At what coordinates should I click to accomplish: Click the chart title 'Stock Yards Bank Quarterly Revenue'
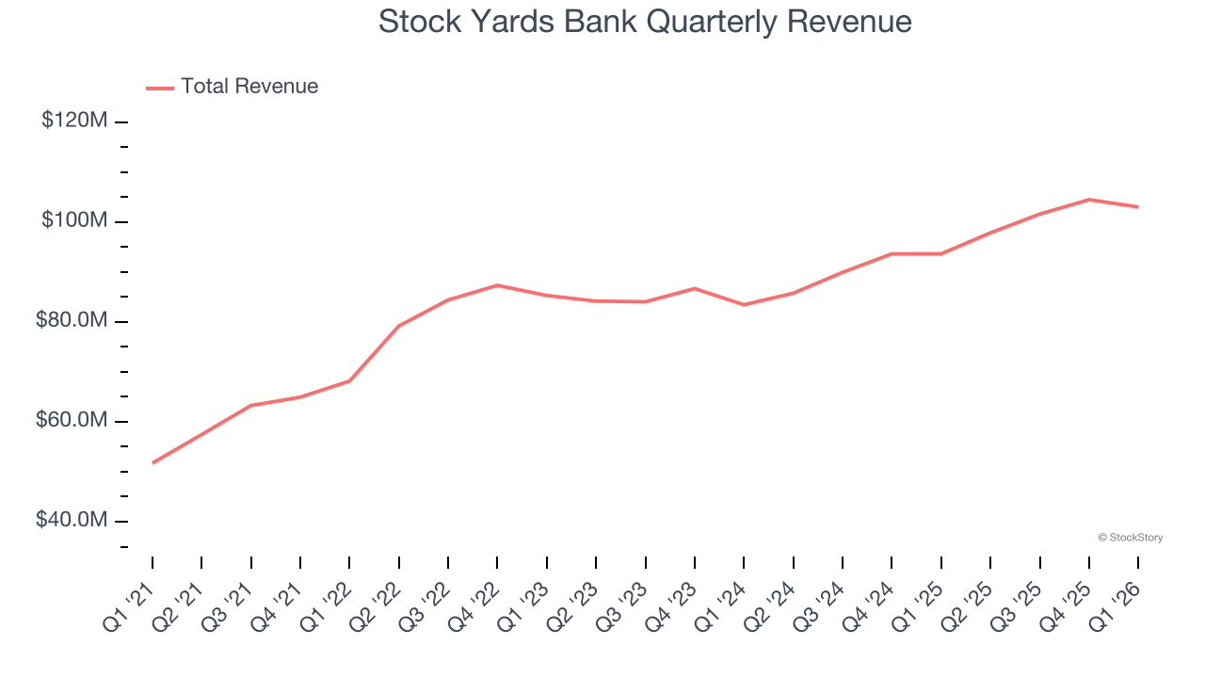point(645,21)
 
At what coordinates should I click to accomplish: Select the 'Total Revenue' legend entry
point(249,87)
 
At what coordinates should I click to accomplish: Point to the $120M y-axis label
point(74,121)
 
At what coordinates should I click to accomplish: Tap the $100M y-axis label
point(74,220)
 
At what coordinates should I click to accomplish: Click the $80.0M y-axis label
point(72,320)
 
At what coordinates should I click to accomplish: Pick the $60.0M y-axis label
point(72,420)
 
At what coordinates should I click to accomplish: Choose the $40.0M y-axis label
point(72,520)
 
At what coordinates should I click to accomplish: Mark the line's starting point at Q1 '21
point(153,462)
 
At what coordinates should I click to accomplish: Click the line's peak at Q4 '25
point(1089,200)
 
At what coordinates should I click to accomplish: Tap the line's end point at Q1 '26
point(1138,206)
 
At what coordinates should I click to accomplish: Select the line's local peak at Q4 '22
point(497,284)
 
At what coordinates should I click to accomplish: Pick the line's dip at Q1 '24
point(744,304)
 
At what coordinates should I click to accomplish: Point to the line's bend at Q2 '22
point(399,326)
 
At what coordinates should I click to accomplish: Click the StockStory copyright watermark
point(1130,538)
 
